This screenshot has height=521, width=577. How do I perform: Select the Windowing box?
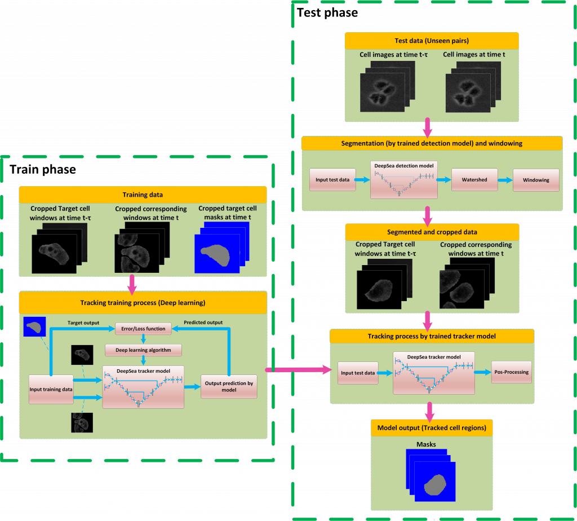pyautogui.click(x=536, y=180)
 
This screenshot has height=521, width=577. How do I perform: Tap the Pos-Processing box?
pyautogui.click(x=511, y=372)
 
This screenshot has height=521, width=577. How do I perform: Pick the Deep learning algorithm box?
pyautogui.click(x=144, y=350)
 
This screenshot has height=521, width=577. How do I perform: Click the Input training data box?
pyautogui.click(x=51, y=389)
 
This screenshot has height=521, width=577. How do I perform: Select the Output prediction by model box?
pyautogui.click(x=229, y=387)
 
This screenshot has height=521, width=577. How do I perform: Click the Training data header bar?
pyautogui.click(x=143, y=195)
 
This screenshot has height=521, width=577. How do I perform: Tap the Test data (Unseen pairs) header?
pyautogui.click(x=432, y=41)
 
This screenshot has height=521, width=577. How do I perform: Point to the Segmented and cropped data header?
pyautogui.click(x=432, y=232)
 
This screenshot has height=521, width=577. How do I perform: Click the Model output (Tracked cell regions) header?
pyautogui.click(x=432, y=427)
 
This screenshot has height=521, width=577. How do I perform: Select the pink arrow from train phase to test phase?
pyautogui.click(x=299, y=370)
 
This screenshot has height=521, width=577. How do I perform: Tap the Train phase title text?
pyautogui.click(x=43, y=169)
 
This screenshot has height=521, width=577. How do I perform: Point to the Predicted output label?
pyautogui.click(x=203, y=323)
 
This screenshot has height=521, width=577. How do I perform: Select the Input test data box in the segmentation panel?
pyautogui.click(x=332, y=180)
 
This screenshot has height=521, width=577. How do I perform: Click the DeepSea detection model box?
pyautogui.click(x=403, y=180)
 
